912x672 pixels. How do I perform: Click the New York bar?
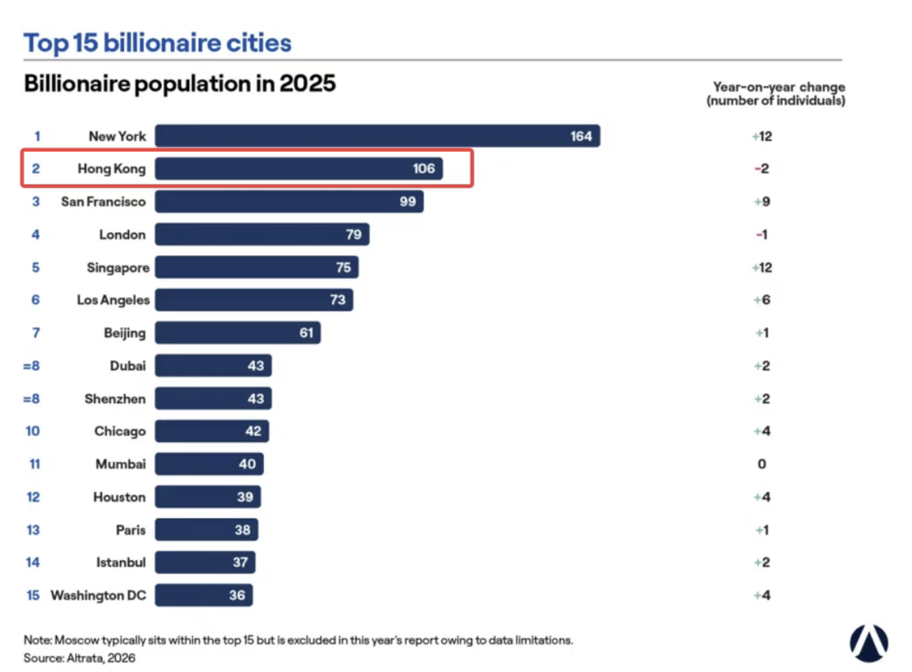pos(378,136)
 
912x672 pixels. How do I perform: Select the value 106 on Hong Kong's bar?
pos(424,169)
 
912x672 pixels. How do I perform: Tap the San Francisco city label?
pos(104,202)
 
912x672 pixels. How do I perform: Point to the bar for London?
pos(262,234)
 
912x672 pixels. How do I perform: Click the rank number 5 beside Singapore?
pos(36,267)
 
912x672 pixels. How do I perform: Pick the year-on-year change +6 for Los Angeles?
pos(762,300)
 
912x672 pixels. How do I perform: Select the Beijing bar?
pos(237,332)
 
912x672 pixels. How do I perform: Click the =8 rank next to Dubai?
pos(32,366)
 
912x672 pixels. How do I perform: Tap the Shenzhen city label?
pos(115,399)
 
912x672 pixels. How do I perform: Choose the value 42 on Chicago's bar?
pos(254,431)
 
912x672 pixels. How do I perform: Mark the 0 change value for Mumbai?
pos(762,464)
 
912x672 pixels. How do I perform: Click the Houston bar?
pos(208,497)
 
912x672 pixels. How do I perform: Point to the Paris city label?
pos(131,530)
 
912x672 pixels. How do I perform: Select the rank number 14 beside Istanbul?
pos(33,563)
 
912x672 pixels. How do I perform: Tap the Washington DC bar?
pos(204,596)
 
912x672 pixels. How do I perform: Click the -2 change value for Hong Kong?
pos(762,169)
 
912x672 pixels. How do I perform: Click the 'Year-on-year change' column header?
pos(779,87)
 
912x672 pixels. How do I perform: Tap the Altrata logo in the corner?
pos(869,644)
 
